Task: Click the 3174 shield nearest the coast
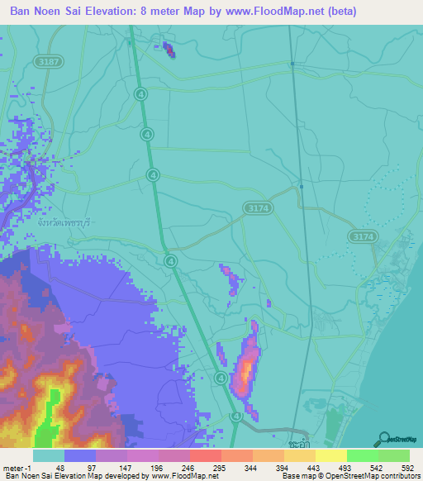point(361,237)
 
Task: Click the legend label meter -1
point(17,467)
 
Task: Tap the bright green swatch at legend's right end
point(394,455)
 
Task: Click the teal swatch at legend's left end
point(49,455)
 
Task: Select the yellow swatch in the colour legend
point(331,455)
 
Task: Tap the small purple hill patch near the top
point(169,50)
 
